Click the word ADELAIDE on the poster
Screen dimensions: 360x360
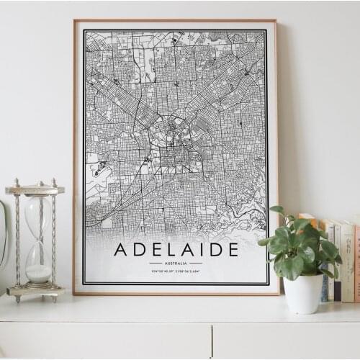176,250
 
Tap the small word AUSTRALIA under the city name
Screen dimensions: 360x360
176,264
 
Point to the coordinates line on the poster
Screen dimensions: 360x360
176,271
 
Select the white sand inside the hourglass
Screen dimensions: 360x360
39,273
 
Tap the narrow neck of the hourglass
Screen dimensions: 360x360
37,240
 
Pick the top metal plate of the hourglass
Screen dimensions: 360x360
35,190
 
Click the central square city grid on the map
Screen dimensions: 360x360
174,154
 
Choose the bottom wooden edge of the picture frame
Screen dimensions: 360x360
176,292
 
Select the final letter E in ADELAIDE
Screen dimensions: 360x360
233,250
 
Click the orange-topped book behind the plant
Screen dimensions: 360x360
311,220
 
